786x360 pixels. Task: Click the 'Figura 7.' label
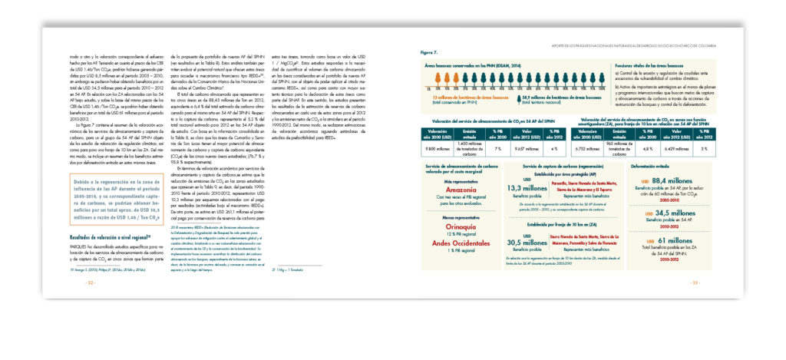pyautogui.click(x=429, y=53)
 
